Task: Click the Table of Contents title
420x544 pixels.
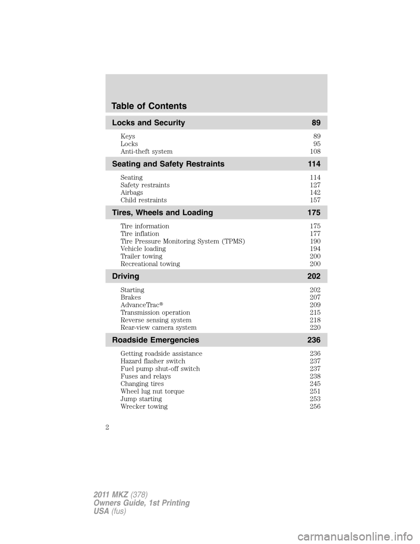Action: pyautogui.click(x=149, y=106)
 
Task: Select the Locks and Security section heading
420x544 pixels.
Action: pyautogui.click(x=148, y=123)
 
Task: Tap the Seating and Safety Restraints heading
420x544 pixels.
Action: pyautogui.click(x=168, y=164)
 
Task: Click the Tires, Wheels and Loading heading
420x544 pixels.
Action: pyautogui.click(x=162, y=212)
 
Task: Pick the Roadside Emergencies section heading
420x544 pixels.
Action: pyautogui.click(x=155, y=340)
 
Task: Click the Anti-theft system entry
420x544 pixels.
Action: pyautogui.click(x=146, y=152)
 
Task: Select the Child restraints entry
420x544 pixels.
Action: pyautogui.click(x=143, y=200)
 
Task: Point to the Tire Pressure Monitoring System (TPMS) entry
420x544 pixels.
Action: pyautogui.click(x=182, y=241)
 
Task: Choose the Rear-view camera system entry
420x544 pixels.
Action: pyautogui.click(x=158, y=328)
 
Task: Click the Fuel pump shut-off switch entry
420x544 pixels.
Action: pyautogui.click(x=160, y=369)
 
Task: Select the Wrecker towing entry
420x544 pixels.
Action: pyautogui.click(x=144, y=406)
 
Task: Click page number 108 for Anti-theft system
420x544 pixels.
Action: pyautogui.click(x=315, y=152)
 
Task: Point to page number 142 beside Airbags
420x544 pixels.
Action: pyautogui.click(x=315, y=193)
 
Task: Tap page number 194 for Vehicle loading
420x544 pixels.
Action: pyautogui.click(x=315, y=249)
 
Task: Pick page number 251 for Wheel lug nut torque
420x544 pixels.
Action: pyautogui.click(x=315, y=391)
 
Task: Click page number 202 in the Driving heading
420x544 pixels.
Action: pyautogui.click(x=314, y=276)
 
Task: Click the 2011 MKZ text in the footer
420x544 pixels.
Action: pyautogui.click(x=110, y=495)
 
